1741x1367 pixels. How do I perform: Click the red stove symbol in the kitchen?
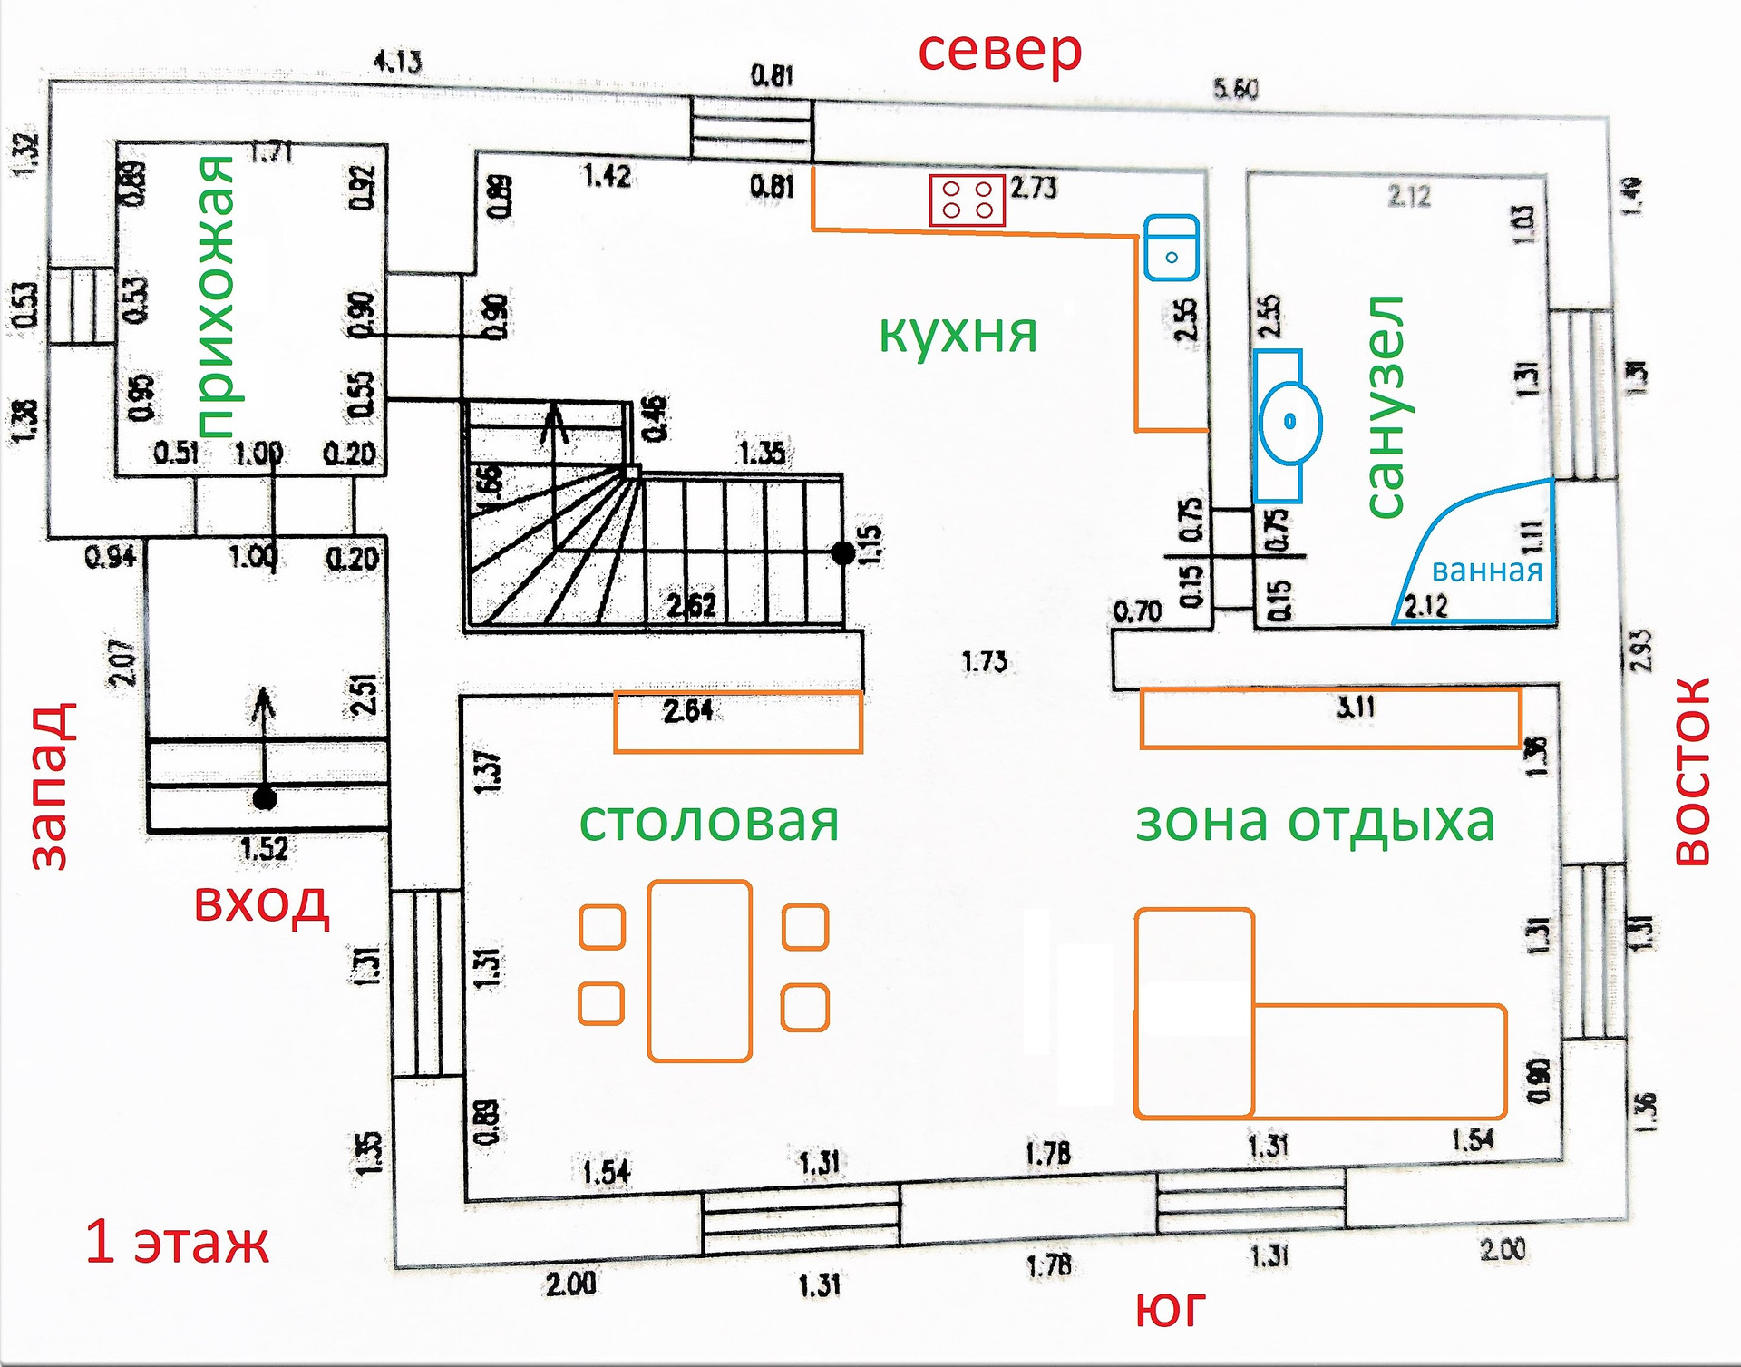[x=967, y=200]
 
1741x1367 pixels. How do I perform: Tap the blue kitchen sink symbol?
[x=1171, y=248]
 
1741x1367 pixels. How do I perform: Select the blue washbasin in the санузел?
[x=1289, y=423]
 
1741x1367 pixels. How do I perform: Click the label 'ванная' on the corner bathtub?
[x=1486, y=571]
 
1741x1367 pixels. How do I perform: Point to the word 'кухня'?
[x=958, y=334]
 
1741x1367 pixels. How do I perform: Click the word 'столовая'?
[x=709, y=822]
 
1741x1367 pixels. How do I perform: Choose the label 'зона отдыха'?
[x=1315, y=822]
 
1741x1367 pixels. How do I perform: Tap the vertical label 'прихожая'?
[x=216, y=297]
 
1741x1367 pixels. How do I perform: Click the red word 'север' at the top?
[x=999, y=52]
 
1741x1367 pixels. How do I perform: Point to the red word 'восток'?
[x=1692, y=772]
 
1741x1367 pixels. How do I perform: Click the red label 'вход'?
[x=261, y=904]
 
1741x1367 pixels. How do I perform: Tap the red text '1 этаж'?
[x=177, y=1243]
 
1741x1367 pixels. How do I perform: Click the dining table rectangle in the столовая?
[x=699, y=971]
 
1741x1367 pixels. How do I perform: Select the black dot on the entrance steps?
[x=264, y=799]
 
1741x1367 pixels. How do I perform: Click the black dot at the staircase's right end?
[x=842, y=552]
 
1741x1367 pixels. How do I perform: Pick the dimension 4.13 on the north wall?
[x=397, y=63]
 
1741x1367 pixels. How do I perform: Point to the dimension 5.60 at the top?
[x=1235, y=89]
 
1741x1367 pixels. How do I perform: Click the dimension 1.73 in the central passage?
[x=984, y=662]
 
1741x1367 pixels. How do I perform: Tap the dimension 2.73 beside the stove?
[x=1034, y=188]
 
